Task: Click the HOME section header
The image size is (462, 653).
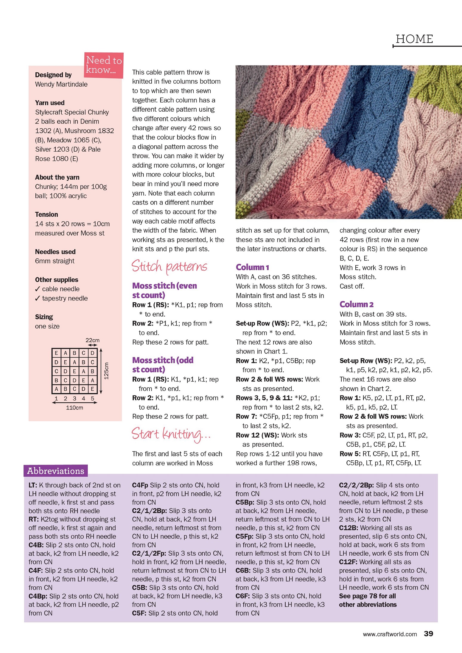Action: click(x=414, y=39)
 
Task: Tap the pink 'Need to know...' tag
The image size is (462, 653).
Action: click(x=104, y=65)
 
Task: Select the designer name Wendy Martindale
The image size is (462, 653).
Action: click(x=61, y=84)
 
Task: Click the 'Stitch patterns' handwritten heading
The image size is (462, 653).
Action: click(x=169, y=267)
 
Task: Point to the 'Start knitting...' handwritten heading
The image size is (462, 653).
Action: click(x=171, y=434)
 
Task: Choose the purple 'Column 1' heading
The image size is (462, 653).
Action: click(x=252, y=267)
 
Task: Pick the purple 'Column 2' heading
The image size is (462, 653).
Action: click(x=356, y=304)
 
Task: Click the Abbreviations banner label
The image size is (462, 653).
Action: click(x=56, y=471)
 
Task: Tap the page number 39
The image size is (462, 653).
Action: click(x=428, y=634)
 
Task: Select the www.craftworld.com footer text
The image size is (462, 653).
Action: click(x=390, y=634)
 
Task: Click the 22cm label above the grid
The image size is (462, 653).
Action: click(x=92, y=340)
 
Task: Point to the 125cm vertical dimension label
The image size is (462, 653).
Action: click(x=106, y=371)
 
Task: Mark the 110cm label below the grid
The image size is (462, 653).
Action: click(x=74, y=408)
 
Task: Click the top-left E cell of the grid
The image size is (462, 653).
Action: click(x=56, y=353)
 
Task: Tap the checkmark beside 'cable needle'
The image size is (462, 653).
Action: click(x=38, y=289)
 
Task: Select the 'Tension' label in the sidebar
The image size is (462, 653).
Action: click(x=46, y=214)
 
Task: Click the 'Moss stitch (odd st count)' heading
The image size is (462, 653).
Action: click(x=163, y=365)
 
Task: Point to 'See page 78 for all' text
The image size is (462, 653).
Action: click(x=367, y=596)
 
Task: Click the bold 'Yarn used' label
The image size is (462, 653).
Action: click(x=50, y=103)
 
